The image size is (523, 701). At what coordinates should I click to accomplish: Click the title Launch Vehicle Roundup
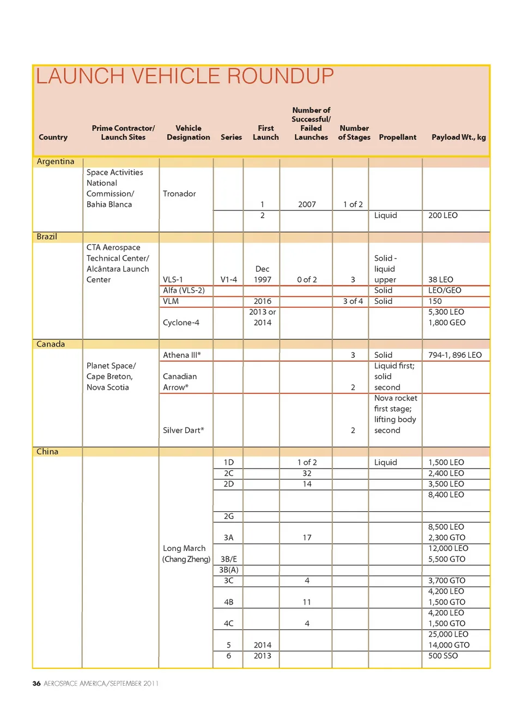185,76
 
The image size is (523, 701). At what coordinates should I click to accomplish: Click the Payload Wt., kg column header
458,137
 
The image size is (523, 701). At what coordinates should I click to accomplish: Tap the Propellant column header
397,137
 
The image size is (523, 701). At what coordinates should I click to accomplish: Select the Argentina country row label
55,161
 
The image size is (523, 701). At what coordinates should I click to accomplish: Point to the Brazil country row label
47,237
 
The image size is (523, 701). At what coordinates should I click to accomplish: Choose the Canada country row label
51,344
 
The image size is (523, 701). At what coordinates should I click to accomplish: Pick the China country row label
47,452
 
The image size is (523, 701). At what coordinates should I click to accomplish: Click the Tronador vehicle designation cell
179,194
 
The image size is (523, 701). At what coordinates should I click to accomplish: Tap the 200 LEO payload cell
443,215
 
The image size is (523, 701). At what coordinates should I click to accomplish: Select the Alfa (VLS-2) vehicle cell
184,290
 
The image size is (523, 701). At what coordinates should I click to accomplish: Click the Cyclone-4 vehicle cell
181,322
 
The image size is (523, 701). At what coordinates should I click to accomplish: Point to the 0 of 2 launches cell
307,280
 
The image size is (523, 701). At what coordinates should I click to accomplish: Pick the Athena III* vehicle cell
182,355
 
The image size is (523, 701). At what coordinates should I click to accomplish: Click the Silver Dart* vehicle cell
184,430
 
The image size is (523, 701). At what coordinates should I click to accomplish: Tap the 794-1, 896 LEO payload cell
455,355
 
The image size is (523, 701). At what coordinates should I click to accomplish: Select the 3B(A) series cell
229,570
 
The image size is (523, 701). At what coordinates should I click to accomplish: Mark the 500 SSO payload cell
443,656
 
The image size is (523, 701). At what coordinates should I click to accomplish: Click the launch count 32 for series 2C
307,474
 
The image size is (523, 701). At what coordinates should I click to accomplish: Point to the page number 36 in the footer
37,684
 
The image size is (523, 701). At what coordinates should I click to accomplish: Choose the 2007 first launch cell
307,205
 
